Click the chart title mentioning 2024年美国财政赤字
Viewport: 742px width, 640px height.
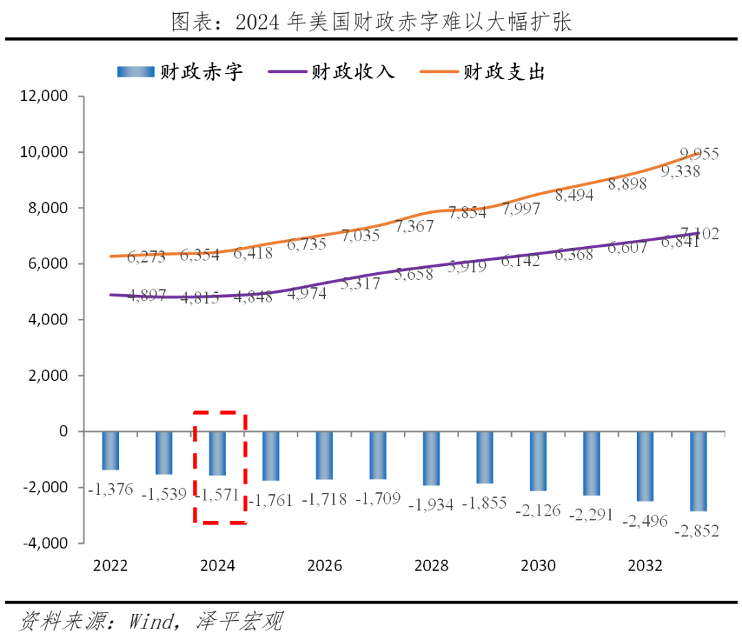pos(371,22)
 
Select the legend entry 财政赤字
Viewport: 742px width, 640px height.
pos(180,71)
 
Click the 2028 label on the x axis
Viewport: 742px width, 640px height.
pos(431,566)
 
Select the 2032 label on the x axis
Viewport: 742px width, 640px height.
pos(645,566)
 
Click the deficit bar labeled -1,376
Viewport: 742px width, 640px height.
pos(111,450)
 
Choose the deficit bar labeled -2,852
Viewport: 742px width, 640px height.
pos(699,471)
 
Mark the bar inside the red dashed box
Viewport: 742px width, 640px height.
pos(218,453)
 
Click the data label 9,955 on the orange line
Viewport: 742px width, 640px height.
pos(699,154)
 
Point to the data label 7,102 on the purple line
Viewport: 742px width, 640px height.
pos(699,234)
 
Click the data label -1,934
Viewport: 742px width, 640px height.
pos(431,505)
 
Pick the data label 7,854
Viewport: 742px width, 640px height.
pos(467,212)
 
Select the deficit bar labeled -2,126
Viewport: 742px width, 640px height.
pos(538,461)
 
